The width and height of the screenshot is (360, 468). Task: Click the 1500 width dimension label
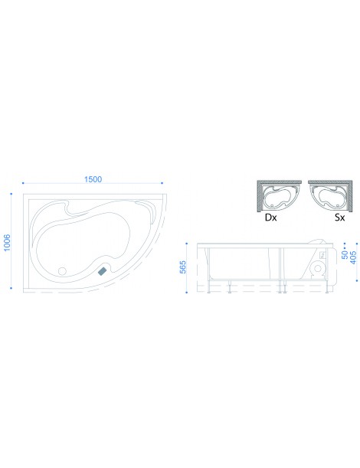tap(93, 179)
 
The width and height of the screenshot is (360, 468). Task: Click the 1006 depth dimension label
tap(7, 242)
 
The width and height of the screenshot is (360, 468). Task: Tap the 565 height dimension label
tap(183, 267)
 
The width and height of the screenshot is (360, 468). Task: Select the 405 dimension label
tap(353, 257)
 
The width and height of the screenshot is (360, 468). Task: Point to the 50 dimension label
tap(345, 255)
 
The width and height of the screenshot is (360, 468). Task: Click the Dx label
tap(270, 218)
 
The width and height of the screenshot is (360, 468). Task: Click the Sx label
tap(339, 218)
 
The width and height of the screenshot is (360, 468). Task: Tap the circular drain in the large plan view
tap(62, 271)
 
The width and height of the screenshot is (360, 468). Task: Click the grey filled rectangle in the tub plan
tap(103, 270)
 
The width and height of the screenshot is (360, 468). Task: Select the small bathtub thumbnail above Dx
tap(279, 196)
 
